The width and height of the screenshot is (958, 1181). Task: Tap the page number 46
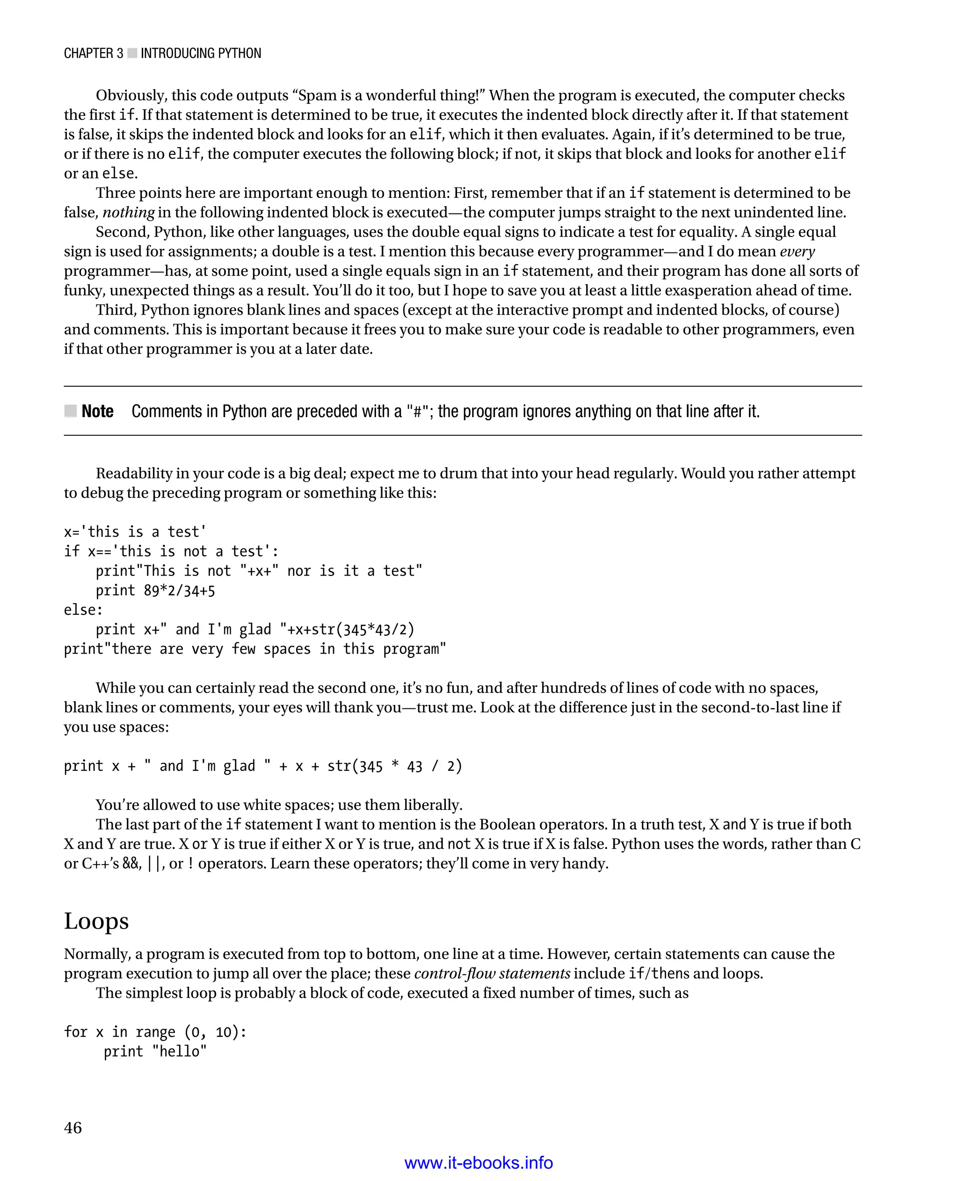73,1128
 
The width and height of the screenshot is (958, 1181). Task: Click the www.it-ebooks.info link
479,1163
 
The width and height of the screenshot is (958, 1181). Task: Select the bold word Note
97,411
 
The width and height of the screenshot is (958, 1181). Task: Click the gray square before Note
71,411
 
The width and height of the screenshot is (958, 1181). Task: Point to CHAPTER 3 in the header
93,53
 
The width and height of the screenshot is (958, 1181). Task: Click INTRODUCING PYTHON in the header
201,53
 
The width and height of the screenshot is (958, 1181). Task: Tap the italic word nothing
129,212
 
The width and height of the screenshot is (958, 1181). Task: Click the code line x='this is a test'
135,532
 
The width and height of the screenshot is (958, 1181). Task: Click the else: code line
83,610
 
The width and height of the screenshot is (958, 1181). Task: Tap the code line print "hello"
155,1051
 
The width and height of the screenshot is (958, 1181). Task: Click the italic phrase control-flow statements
492,973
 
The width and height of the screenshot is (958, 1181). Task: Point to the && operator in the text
131,863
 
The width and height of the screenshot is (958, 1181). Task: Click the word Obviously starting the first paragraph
131,95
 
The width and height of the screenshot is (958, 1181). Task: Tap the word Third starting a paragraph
116,310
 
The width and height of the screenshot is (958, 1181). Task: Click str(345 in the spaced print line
355,766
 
